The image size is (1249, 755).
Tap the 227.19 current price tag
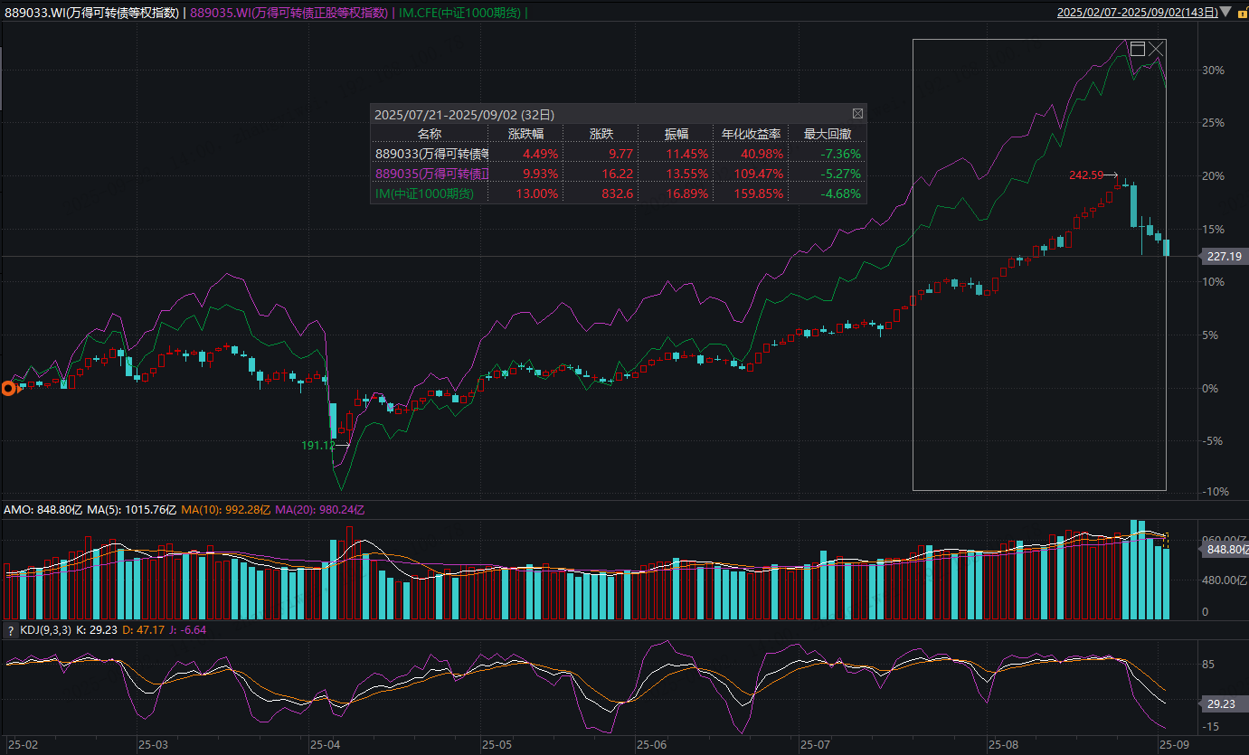[x=1224, y=257]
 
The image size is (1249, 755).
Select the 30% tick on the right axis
[x=1213, y=70]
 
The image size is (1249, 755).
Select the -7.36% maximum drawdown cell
[x=836, y=154]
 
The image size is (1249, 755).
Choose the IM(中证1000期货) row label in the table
[x=424, y=193]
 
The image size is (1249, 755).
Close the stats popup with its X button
[x=857, y=114]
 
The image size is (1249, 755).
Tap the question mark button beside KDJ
[x=11, y=630]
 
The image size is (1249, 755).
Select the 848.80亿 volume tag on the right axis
[x=1225, y=549]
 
